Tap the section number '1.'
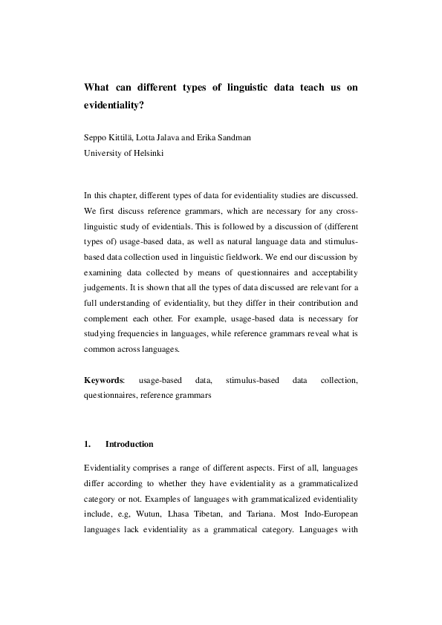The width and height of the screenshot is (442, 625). coord(88,444)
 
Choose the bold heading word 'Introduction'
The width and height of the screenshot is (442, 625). coord(129,444)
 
